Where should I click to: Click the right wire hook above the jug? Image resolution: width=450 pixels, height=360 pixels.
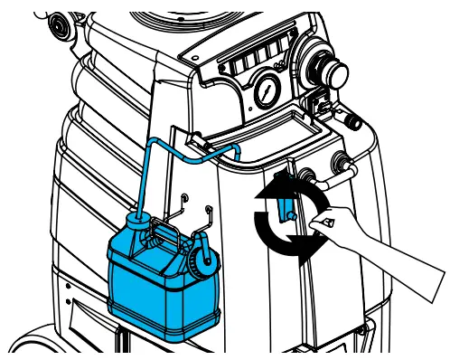point(209,214)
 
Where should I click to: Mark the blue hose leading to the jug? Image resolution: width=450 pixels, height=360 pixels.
point(150,172)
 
